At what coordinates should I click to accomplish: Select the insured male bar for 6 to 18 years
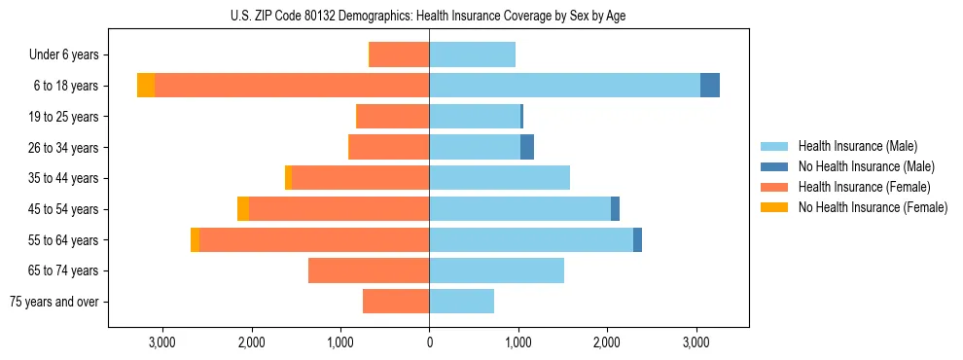[x=564, y=86]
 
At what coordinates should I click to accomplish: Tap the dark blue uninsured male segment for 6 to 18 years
[x=710, y=86]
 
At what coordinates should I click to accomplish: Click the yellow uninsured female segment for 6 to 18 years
[x=146, y=86]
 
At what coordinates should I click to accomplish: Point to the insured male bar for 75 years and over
[x=461, y=302]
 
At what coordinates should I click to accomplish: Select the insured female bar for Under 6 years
[x=399, y=54]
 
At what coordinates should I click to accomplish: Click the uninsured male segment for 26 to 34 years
[x=527, y=148]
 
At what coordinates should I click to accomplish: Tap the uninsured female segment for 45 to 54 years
[x=243, y=209]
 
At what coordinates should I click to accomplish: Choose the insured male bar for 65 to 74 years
[x=496, y=270]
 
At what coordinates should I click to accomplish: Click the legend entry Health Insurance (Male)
[x=857, y=146]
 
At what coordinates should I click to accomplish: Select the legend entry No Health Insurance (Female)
[x=873, y=207]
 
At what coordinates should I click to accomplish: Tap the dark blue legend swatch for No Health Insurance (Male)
[x=774, y=166]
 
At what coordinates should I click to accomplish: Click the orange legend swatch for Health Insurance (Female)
[x=774, y=187]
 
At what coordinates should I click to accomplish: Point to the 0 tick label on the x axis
[x=429, y=342]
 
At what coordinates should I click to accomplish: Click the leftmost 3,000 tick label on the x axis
[x=161, y=342]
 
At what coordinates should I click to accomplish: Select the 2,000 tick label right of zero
[x=607, y=342]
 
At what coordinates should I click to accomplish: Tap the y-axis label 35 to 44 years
[x=64, y=178]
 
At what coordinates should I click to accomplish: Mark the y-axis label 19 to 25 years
[x=64, y=117]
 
